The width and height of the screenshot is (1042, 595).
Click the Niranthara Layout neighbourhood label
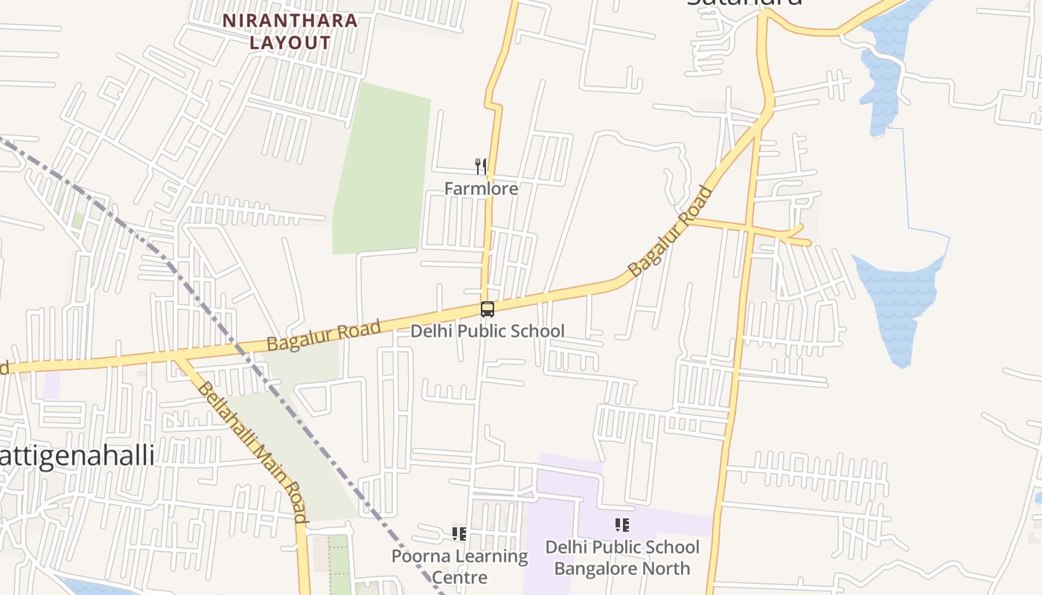pyautogui.click(x=290, y=31)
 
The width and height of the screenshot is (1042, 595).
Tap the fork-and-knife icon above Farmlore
pyautogui.click(x=481, y=166)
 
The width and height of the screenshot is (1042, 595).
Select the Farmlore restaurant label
pyautogui.click(x=481, y=189)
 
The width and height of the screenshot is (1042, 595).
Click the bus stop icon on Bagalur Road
pyautogui.click(x=488, y=309)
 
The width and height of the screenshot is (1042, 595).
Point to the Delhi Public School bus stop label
pyautogui.click(x=488, y=331)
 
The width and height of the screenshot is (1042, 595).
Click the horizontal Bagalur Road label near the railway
pyautogui.click(x=324, y=335)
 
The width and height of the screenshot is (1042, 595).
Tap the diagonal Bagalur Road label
pyautogui.click(x=670, y=232)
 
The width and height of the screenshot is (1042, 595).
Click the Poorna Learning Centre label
pyautogui.click(x=459, y=566)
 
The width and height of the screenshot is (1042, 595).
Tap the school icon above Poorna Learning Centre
pyautogui.click(x=459, y=533)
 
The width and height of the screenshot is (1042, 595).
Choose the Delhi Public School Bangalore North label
pyautogui.click(x=622, y=558)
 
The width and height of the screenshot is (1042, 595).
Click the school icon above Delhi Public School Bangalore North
pyautogui.click(x=622, y=526)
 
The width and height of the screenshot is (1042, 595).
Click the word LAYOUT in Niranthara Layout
pyautogui.click(x=290, y=42)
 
